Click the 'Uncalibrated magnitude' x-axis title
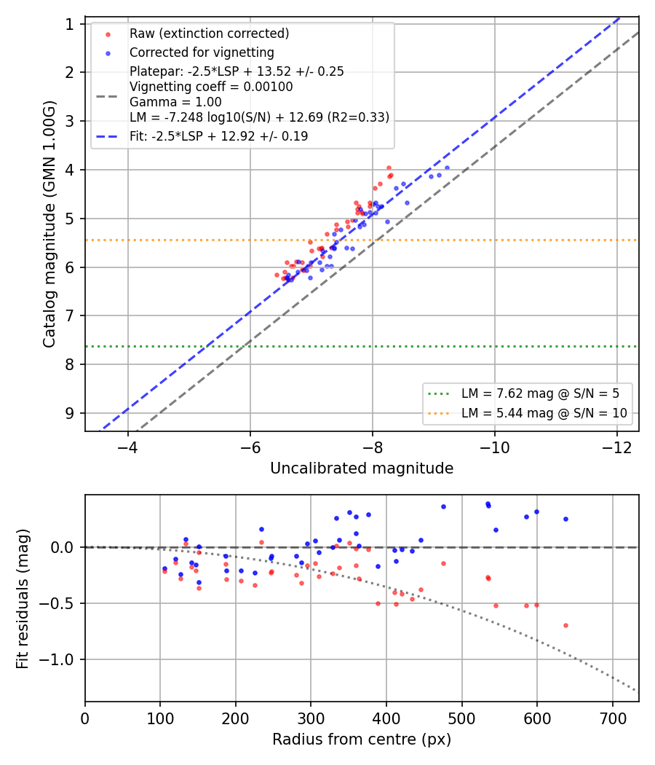coord(362,468)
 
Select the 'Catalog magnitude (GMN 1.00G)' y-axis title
coord(49,224)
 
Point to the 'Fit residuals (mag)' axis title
coord(23,599)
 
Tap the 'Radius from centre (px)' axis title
coord(362,739)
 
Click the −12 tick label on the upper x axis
coord(617,447)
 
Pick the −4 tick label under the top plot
coord(128,447)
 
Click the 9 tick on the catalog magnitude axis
coord(70,413)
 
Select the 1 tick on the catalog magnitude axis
coord(70,24)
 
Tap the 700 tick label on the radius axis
coord(612,718)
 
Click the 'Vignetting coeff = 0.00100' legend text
coord(211,87)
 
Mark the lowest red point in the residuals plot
coord(565,625)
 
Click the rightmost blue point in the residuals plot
coord(565,519)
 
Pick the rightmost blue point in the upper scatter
coord(447,168)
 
